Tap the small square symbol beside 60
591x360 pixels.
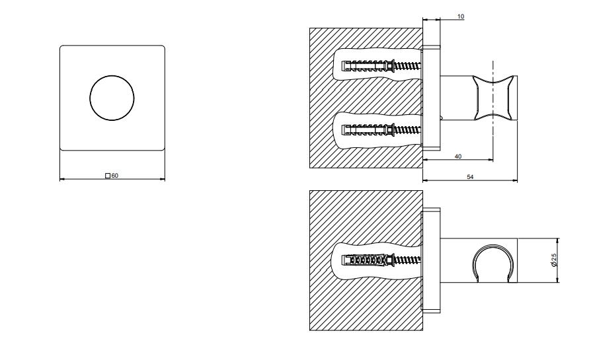tap(108, 176)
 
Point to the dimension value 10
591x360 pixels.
tap(461, 16)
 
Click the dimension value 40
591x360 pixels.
tap(458, 156)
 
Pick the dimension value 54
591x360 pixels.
tap(470, 176)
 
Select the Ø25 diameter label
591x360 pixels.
tap(554, 260)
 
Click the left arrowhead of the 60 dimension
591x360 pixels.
tap(61, 179)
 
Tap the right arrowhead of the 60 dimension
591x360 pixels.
tap(163, 179)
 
